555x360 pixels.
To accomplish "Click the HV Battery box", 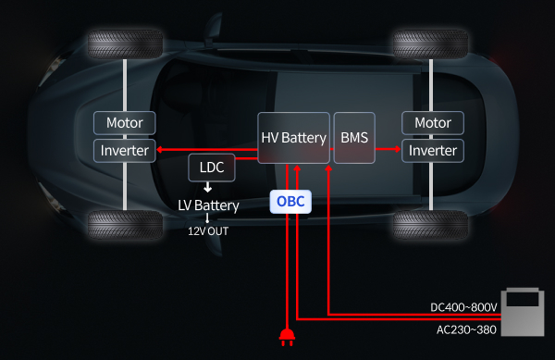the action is coord(294,138).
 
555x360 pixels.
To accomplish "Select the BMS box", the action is coord(354,138).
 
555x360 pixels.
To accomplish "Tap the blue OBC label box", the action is coord(290,202).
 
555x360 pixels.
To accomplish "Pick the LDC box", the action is coord(212,168).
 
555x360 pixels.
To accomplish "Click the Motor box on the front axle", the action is coord(125,123).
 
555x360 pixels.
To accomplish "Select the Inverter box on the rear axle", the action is coord(433,151).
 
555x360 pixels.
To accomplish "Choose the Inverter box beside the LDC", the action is coord(125,151).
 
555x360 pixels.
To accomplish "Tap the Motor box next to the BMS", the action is coord(433,123).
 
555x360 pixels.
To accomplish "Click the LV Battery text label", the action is coord(208,205).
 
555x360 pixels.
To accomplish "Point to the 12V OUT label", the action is coord(208,231).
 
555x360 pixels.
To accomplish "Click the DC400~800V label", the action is coord(463,307).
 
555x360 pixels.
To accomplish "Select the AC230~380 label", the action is coord(466,329).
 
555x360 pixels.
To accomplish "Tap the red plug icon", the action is coord(287,338).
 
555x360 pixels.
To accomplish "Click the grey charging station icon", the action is coord(523,312).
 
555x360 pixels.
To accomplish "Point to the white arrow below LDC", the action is coord(208,187).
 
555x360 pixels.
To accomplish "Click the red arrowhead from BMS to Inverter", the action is coord(398,149).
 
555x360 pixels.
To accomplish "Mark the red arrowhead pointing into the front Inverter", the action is coord(160,149).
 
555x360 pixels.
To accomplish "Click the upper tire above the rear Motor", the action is coord(431,44).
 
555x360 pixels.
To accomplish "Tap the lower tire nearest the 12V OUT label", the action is coord(125,225).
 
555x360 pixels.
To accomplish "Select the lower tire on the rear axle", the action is coord(431,225).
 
